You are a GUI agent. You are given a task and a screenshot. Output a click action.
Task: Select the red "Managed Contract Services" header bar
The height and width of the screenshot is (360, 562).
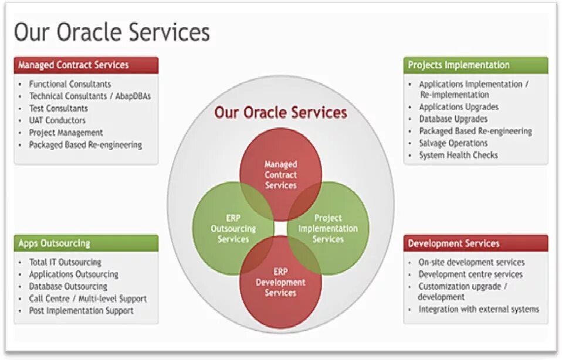coord(86,64)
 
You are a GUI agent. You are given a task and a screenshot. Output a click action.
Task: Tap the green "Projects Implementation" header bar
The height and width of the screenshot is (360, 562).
coord(475,65)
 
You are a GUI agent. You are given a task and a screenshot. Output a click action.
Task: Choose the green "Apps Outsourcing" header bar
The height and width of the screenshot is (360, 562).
coord(86,243)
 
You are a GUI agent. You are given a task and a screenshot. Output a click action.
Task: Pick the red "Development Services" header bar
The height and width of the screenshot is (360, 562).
coord(475,243)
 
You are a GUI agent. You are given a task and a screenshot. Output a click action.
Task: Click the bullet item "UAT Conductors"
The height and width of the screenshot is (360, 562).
coord(57,120)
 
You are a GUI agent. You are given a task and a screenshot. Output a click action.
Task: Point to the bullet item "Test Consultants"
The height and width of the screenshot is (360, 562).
coord(59,108)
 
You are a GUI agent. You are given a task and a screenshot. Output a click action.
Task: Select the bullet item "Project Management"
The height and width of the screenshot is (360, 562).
coord(66,133)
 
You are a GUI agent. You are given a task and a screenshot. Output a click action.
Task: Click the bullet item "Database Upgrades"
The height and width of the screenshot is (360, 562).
coord(453,119)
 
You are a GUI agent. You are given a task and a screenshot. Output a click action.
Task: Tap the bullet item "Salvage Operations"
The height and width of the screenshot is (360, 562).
coord(453,143)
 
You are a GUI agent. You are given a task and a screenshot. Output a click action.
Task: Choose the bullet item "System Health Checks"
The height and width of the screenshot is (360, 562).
coord(458,155)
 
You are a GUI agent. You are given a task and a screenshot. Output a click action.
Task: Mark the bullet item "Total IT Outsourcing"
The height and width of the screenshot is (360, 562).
coord(65,262)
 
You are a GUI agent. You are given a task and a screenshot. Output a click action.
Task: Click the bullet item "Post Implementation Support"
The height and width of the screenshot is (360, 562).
coord(82,311)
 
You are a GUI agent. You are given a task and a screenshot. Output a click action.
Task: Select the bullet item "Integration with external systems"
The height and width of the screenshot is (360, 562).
coord(479,309)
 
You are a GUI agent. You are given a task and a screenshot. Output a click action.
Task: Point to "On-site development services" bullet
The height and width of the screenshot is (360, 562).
coord(472,262)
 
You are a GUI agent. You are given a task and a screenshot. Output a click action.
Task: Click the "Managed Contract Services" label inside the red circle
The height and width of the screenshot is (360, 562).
coord(280,175)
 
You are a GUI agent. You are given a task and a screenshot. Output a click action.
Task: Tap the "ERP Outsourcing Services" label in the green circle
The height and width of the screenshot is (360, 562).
coord(233,229)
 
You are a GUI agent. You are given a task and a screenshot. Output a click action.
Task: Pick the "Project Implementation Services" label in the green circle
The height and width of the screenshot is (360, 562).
coord(328,229)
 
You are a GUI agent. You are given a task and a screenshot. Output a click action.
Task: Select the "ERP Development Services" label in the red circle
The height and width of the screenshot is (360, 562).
coord(280,282)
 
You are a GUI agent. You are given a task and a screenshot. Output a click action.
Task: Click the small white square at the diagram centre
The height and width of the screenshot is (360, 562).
coord(280,227)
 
